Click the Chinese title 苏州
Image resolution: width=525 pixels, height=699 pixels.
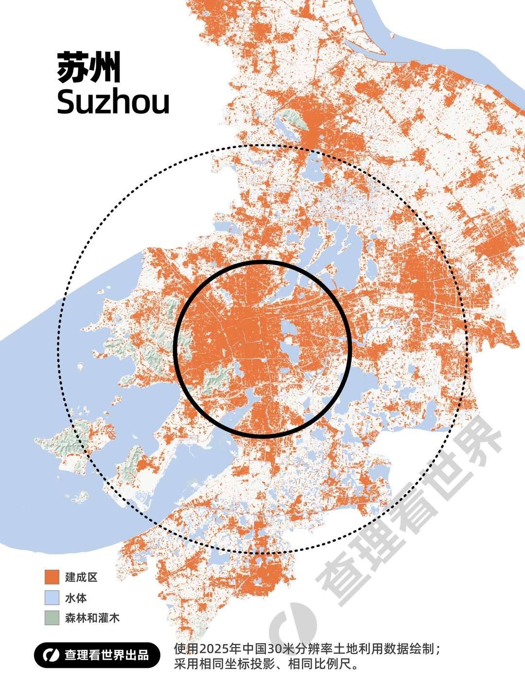[x=88, y=67]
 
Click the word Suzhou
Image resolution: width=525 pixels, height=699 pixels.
[x=113, y=102]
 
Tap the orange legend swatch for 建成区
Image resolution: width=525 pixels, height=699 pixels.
[x=52, y=577]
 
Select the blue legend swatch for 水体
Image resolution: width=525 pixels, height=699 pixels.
[x=52, y=598]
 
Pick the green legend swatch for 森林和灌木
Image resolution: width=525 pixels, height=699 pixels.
[x=52, y=618]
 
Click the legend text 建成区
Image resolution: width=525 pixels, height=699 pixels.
[x=81, y=577]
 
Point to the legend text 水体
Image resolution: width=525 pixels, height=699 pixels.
[x=76, y=598]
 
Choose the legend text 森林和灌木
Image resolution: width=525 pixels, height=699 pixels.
[x=92, y=618]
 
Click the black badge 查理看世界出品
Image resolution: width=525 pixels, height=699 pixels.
[x=97, y=655]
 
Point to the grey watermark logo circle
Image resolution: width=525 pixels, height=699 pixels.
[x=292, y=626]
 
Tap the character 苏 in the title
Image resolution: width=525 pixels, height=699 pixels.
[x=72, y=67]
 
